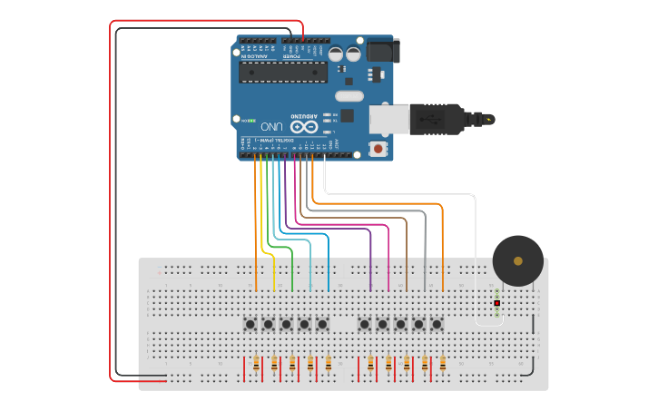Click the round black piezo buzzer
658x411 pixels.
click(517, 260)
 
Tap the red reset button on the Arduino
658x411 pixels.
click(378, 148)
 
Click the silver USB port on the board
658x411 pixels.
click(388, 118)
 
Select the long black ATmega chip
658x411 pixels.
click(282, 72)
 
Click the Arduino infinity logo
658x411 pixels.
click(304, 127)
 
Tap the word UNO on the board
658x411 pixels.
click(273, 126)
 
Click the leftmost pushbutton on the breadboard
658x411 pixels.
click(250, 324)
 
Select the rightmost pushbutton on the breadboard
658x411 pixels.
click(437, 324)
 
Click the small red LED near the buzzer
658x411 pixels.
click(496, 302)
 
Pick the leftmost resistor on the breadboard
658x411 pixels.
click(256, 364)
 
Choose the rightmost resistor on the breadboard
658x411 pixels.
click(443, 364)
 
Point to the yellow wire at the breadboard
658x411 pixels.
click(273, 272)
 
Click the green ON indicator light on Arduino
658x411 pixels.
click(251, 120)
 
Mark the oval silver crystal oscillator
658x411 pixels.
click(349, 96)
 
